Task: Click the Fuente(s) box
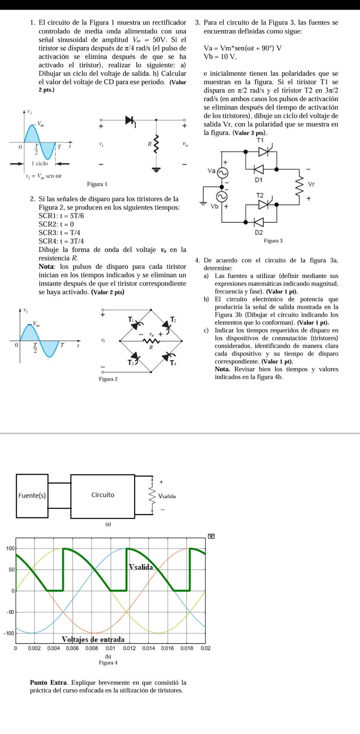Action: point(32,496)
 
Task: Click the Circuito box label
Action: point(103,495)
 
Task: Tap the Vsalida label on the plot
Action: point(141,567)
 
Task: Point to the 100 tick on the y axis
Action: point(10,549)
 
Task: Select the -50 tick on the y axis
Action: point(10,612)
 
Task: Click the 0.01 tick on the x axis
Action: point(110,648)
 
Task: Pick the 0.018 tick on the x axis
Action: point(186,648)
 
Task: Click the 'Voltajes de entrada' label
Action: point(93,640)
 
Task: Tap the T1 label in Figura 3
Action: point(260,140)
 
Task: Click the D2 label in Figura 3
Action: point(259,232)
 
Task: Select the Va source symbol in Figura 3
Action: point(222,173)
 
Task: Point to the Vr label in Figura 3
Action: point(311,184)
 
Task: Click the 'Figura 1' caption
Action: point(97,184)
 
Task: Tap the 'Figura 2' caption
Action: point(108,379)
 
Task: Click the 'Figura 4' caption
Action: point(108,663)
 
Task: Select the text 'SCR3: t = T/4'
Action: point(59,232)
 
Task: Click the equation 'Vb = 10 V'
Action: point(221,57)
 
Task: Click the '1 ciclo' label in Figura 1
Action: point(40,163)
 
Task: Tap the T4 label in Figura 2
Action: point(173,362)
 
